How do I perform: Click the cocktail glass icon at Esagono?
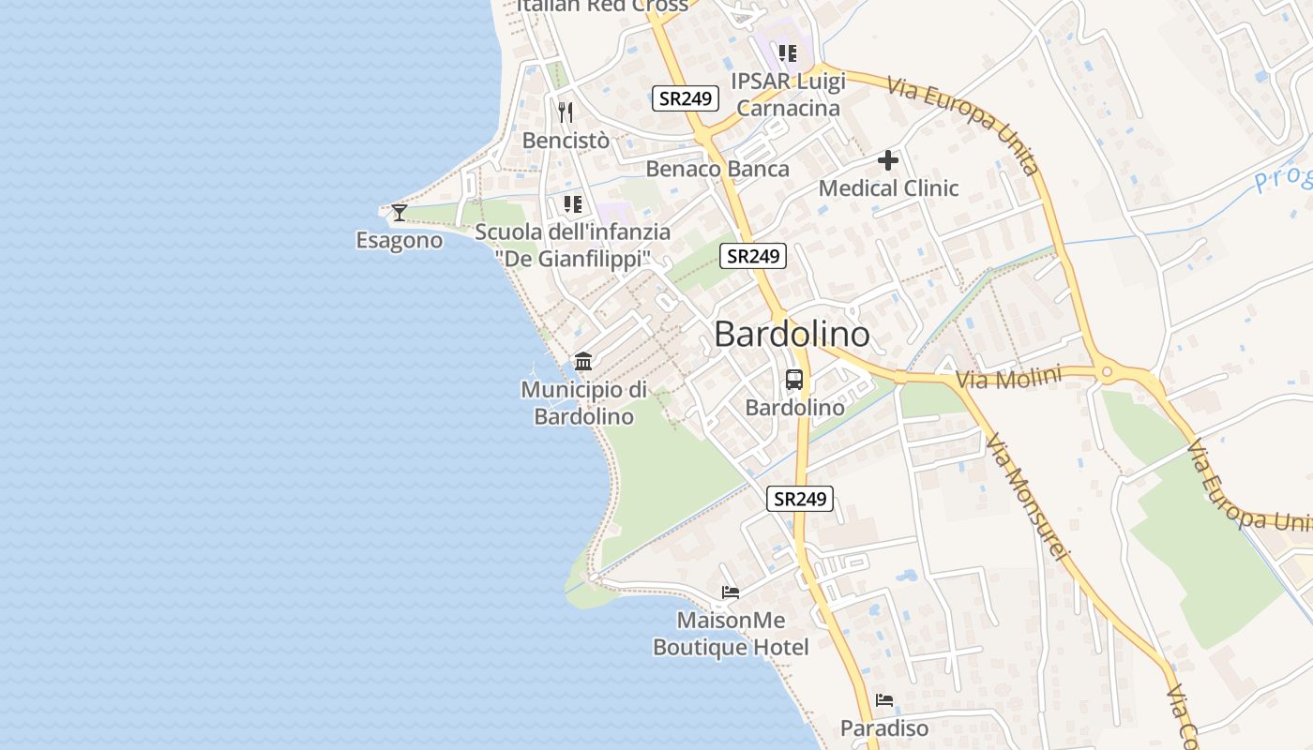tap(400, 213)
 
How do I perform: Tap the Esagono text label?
tap(400, 241)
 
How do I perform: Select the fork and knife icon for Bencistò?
tap(566, 112)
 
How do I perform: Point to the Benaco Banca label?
tap(717, 170)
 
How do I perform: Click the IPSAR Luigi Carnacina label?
tap(789, 95)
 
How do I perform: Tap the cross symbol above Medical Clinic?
tap(888, 160)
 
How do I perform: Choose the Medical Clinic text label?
tap(888, 188)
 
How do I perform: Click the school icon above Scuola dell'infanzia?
tap(572, 204)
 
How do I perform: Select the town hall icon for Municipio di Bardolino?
tap(583, 361)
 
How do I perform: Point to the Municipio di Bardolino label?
tap(584, 403)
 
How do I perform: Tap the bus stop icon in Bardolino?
tap(794, 380)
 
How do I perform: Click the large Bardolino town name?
tap(792, 335)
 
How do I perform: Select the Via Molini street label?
tap(1008, 379)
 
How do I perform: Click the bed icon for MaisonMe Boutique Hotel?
tap(731, 592)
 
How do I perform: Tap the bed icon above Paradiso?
tap(884, 700)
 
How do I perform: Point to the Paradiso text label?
tap(884, 728)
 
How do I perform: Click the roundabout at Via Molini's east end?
tap(1107, 372)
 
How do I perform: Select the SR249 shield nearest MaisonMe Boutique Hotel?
tap(800, 499)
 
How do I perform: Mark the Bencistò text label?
tap(566, 141)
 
